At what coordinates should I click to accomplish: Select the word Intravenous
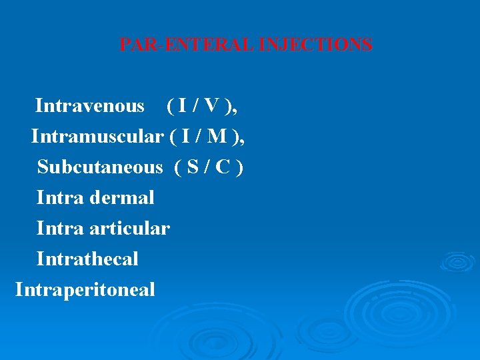click(89, 106)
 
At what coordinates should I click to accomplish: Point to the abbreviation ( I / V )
click(201, 106)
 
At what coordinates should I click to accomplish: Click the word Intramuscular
click(97, 137)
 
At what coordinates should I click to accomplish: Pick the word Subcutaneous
click(100, 167)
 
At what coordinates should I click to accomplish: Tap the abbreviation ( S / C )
click(209, 167)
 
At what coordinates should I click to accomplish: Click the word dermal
click(124, 198)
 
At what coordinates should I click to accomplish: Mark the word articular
click(132, 229)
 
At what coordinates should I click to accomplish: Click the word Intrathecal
click(87, 259)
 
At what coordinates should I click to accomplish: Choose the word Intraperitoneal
click(85, 290)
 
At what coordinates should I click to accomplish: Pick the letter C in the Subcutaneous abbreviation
click(223, 167)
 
